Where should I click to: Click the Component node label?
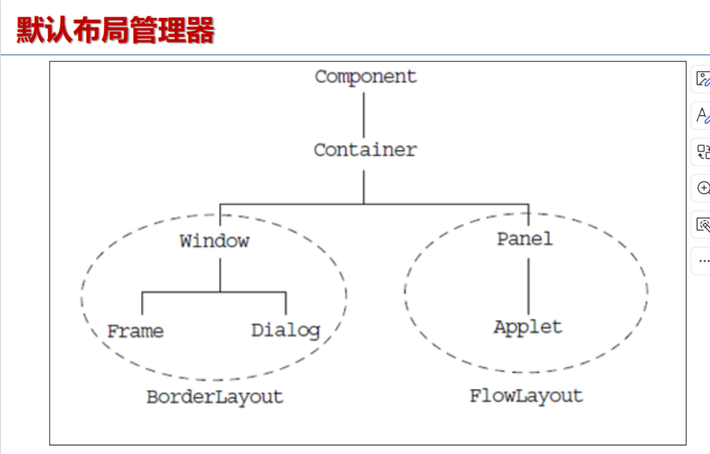pyautogui.click(x=365, y=76)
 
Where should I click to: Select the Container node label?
pyautogui.click(x=365, y=150)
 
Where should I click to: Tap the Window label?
pyautogui.click(x=214, y=241)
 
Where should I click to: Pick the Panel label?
pyautogui.click(x=525, y=239)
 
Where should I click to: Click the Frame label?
pyautogui.click(x=136, y=331)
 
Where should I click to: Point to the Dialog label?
pyautogui.click(x=285, y=331)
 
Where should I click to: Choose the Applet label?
pyautogui.click(x=528, y=327)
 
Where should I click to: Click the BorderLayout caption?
pyautogui.click(x=215, y=397)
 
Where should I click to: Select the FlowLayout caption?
pyautogui.click(x=526, y=396)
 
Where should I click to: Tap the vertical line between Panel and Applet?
pyautogui.click(x=528, y=287)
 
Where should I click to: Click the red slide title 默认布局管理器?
pyautogui.click(x=115, y=30)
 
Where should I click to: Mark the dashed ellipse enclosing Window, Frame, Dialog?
pyautogui.click(x=82, y=297)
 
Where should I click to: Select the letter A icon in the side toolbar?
pyautogui.click(x=702, y=115)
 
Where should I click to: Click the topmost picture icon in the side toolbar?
pyautogui.click(x=702, y=79)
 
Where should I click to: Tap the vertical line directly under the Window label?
pyautogui.click(x=220, y=275)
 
